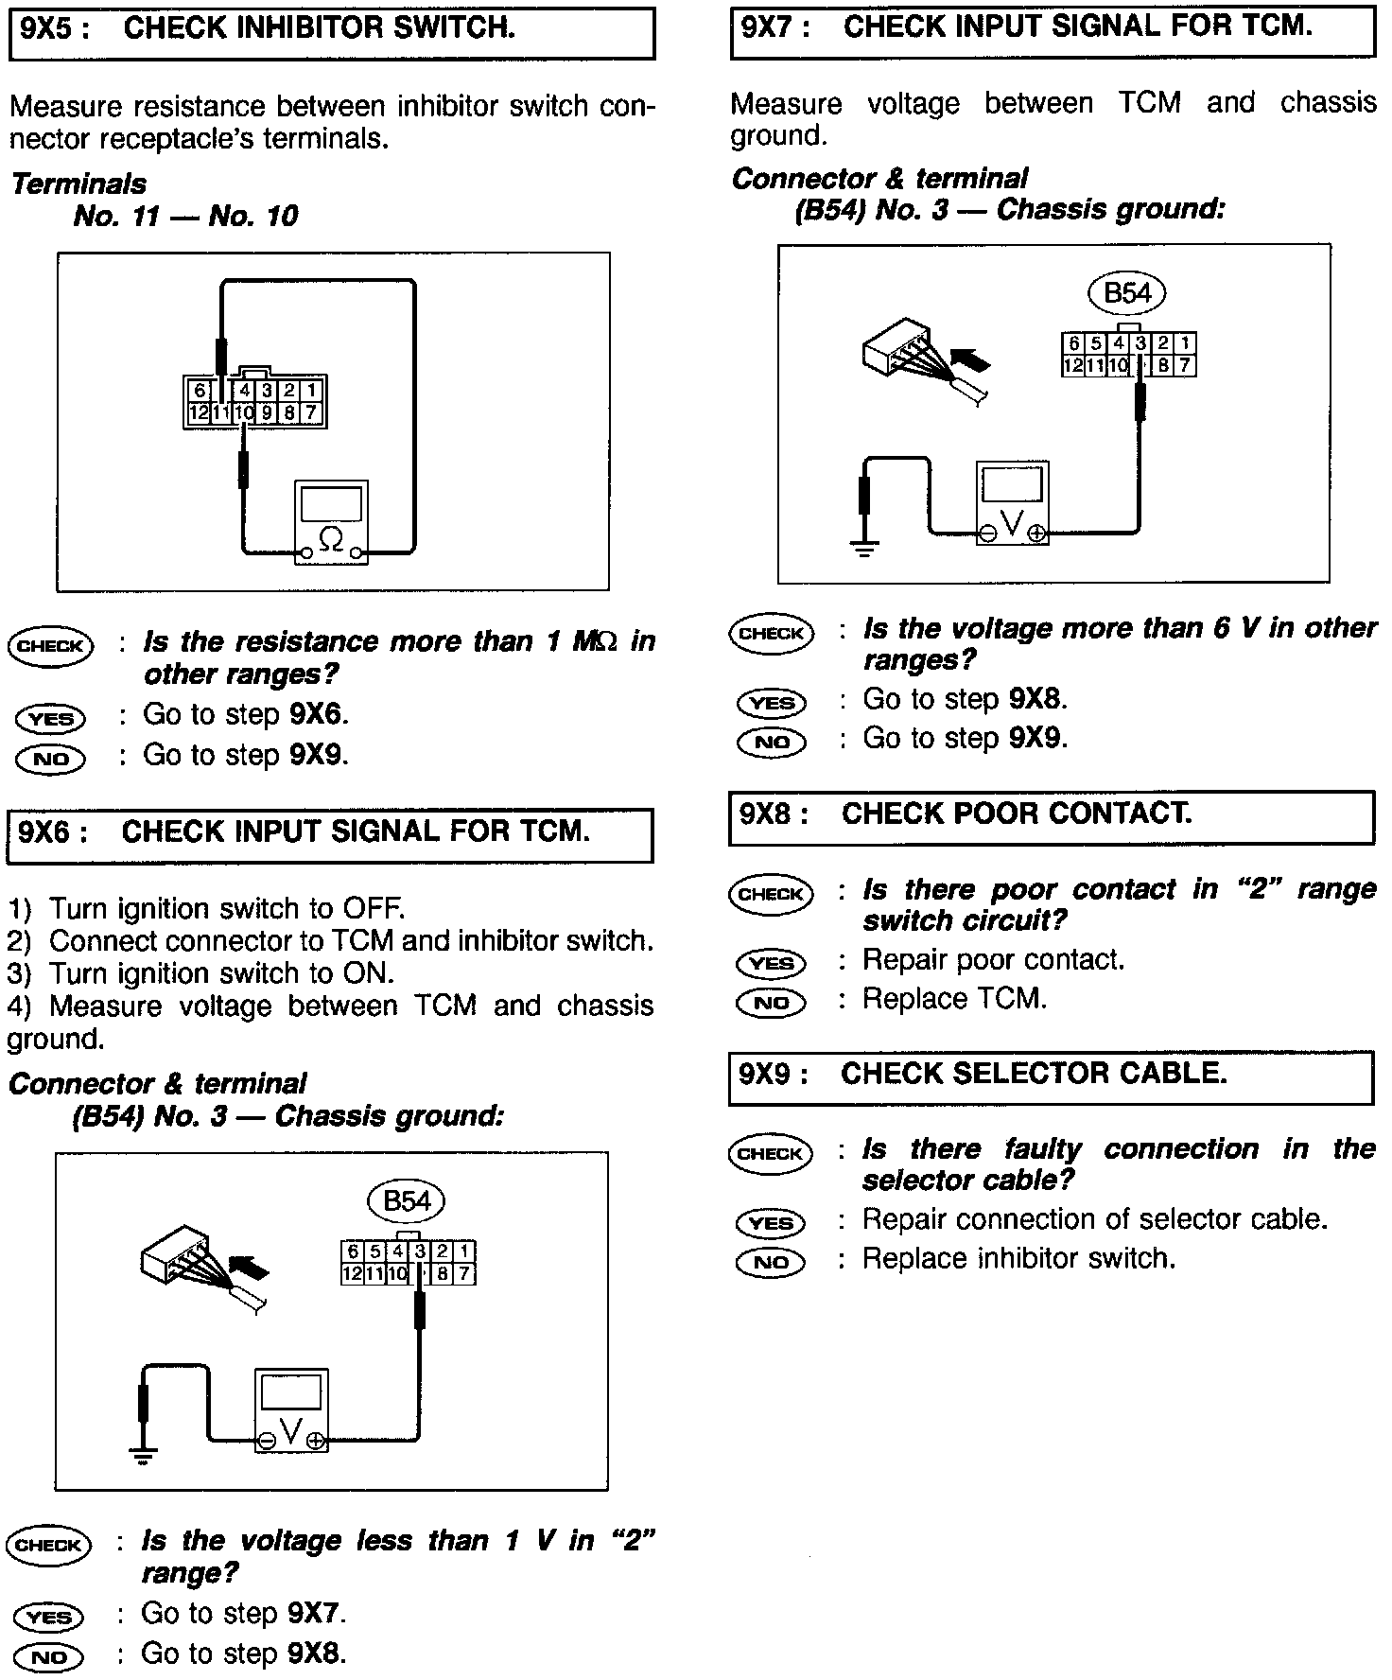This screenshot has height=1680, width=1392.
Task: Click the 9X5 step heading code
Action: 55,29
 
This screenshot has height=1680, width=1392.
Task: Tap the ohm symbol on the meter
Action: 331,539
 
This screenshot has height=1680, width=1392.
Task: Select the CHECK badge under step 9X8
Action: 771,894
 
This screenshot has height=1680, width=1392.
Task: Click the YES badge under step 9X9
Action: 771,1222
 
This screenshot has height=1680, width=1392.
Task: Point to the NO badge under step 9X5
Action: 50,758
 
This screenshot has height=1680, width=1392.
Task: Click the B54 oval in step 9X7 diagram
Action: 1127,293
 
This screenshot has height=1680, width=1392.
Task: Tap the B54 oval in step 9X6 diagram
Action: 407,1201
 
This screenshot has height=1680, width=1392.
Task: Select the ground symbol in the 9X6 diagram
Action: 144,1454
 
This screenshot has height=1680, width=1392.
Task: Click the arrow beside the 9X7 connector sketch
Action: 972,360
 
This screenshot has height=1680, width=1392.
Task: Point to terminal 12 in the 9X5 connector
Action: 199,413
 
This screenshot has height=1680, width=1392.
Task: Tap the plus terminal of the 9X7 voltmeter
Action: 1037,534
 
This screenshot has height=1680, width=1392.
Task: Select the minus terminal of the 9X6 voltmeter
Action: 267,1441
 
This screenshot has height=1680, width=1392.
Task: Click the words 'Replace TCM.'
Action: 954,999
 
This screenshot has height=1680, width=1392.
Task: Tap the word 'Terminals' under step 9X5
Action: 79,184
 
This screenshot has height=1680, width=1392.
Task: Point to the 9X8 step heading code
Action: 774,814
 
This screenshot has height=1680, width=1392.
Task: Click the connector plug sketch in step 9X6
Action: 184,1268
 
